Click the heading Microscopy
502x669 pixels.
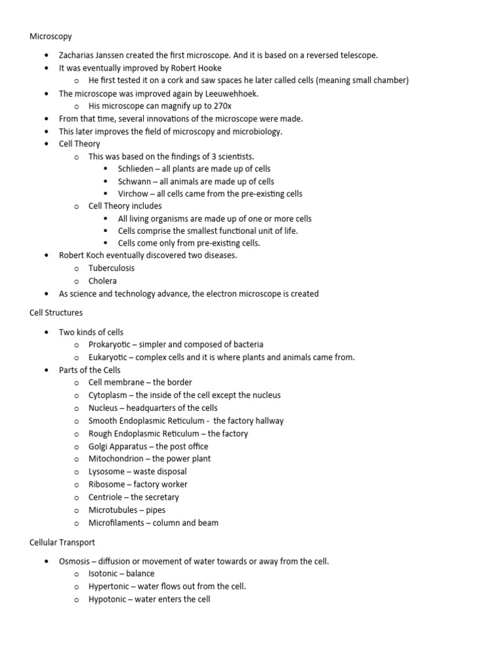pos(50,37)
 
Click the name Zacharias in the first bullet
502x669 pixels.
pos(77,56)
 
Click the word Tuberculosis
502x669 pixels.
pos(112,269)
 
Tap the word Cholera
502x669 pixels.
pos(103,281)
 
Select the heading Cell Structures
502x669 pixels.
pos(56,313)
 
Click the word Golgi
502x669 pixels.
pos(99,447)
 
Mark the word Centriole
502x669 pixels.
pos(106,497)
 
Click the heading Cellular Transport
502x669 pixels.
pos(62,542)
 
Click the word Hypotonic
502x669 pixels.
pos(108,599)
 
